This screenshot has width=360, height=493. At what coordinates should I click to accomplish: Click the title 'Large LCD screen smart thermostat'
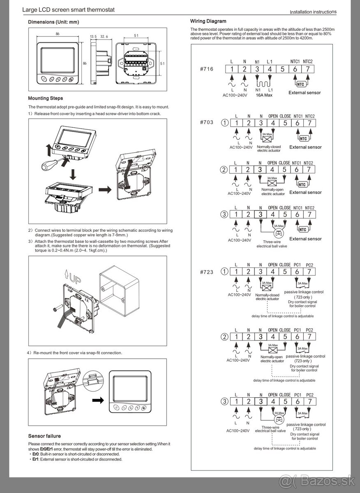68,9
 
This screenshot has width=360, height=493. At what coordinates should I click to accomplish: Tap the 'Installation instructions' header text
313,12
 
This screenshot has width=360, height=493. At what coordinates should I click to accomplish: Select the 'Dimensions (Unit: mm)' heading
53,22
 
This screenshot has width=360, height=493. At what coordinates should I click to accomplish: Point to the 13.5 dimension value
93,37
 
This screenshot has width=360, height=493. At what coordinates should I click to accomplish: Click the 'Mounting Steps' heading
45,98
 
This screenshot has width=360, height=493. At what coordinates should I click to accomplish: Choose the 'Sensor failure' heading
44,436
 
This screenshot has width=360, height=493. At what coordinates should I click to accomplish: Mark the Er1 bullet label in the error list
35,459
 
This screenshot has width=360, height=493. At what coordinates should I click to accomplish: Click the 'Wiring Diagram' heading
208,21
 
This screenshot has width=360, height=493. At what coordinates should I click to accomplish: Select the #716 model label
207,69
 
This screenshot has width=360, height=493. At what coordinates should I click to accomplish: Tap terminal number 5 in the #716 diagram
282,69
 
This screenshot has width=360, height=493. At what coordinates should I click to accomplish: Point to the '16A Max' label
265,94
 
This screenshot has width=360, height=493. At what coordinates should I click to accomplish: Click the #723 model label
207,272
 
